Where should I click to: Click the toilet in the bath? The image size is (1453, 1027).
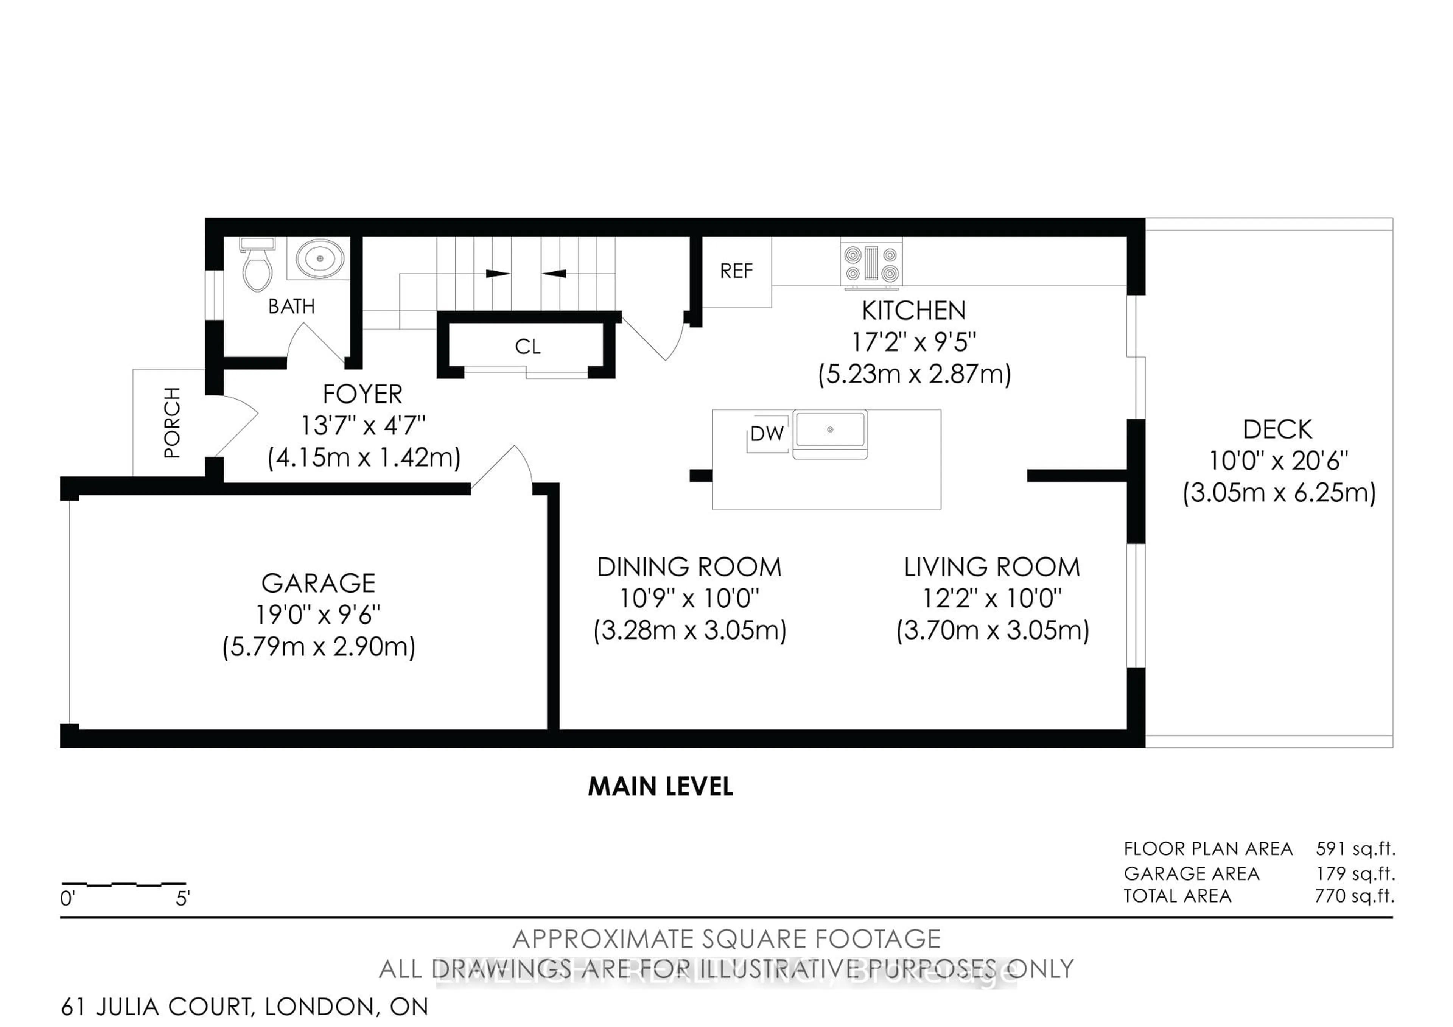coord(258,266)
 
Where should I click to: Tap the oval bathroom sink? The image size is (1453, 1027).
coord(320,259)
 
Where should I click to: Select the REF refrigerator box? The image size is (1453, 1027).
coord(736,271)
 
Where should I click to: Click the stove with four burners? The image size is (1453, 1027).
coord(871,263)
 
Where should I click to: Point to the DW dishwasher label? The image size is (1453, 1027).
coord(767,434)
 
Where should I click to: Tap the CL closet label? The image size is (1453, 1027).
coord(527,347)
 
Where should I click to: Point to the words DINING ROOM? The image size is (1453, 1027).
coord(689,567)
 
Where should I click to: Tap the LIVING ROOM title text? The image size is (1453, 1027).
coord(992,567)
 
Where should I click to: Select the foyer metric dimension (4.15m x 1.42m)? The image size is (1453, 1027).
coord(364,457)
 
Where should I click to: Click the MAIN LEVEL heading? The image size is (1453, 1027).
coord(660,787)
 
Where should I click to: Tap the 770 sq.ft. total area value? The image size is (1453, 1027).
coord(1354,896)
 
